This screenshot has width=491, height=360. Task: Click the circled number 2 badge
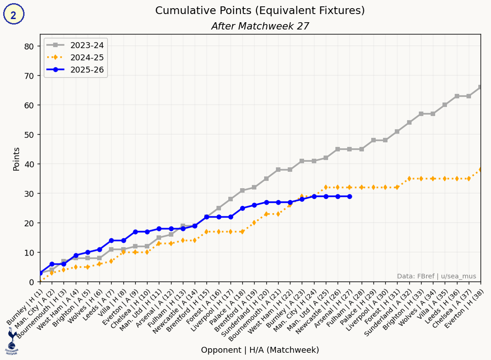pos(14,15)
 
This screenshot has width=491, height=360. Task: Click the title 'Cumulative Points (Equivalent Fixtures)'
pos(260,10)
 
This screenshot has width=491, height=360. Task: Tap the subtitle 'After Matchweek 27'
pos(260,26)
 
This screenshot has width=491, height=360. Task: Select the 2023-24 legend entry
pos(75,45)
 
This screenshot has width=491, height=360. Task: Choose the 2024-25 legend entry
pos(75,57)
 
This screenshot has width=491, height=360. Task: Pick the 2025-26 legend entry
pos(75,70)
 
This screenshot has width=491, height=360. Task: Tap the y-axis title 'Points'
pos(16,159)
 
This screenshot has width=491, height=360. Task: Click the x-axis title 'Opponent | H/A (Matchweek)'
pos(260,350)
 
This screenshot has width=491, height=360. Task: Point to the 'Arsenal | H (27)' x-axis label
pos(334,308)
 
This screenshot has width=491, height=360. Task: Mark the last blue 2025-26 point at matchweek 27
pos(349,196)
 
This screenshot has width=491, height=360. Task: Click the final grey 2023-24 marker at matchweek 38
pos(480,87)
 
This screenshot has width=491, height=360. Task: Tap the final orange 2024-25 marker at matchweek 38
pos(480,170)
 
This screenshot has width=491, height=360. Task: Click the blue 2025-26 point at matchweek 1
pos(40,273)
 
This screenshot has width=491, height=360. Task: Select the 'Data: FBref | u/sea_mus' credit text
pos(436,276)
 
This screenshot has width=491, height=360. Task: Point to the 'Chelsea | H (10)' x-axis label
pos(131,308)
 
